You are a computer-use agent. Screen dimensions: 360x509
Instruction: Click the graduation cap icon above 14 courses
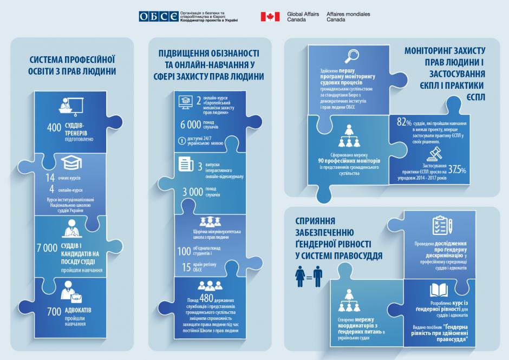point(71,164)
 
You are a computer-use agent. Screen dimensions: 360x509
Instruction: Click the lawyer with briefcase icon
point(72,292)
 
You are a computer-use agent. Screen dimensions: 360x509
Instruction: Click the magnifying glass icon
point(353,56)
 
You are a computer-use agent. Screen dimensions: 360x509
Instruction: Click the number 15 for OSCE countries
point(187,266)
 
